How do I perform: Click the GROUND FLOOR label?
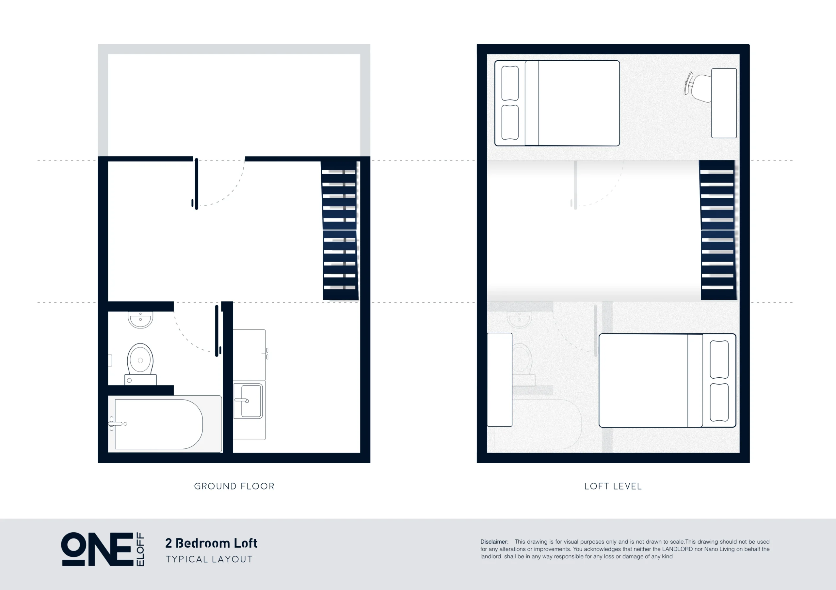tap(234, 486)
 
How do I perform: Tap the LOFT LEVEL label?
tap(613, 486)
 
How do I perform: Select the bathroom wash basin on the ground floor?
tap(140, 320)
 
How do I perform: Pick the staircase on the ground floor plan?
tap(340, 231)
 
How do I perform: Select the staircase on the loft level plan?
tap(718, 230)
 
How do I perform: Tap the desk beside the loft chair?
tap(724, 103)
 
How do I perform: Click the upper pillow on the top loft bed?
tap(510, 83)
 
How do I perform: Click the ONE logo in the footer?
tap(97, 549)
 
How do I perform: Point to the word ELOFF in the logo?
tap(140, 549)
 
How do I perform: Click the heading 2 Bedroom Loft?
tap(211, 543)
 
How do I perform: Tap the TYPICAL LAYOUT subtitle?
tap(209, 559)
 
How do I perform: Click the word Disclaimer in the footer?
tap(494, 542)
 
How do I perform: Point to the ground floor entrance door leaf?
tap(197, 184)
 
